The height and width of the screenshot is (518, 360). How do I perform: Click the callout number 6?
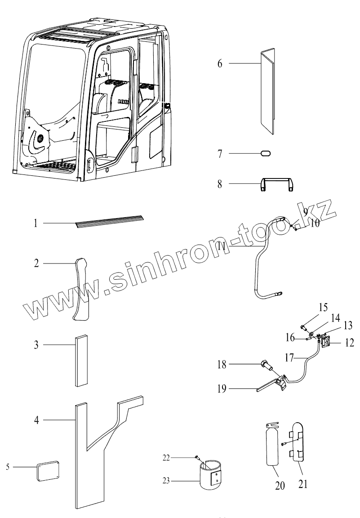point(220,63)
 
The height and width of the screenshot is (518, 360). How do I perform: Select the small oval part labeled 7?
point(265,153)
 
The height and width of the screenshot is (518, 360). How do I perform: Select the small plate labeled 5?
point(48,469)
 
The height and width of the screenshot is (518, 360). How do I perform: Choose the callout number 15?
point(323,308)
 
